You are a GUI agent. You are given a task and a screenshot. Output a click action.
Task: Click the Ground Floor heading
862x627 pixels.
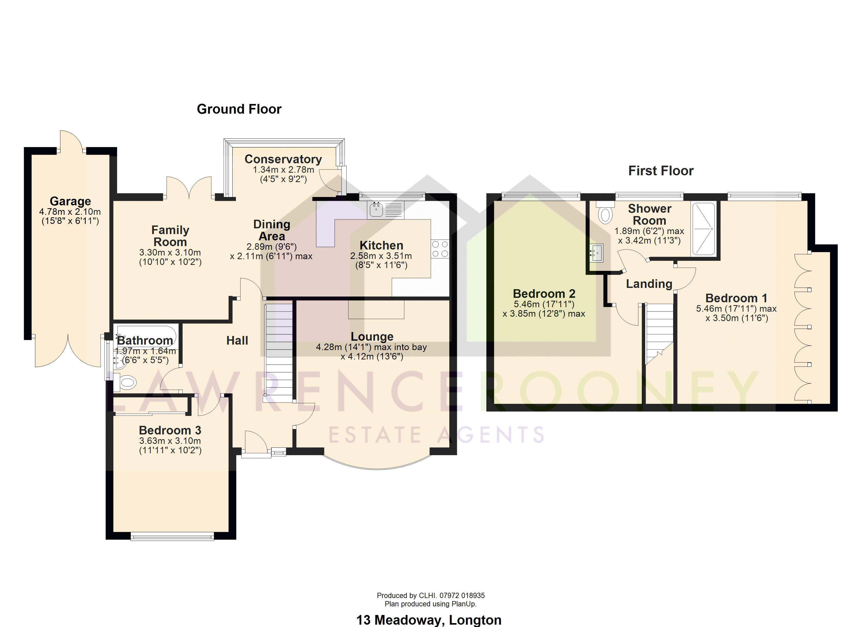coord(239,109)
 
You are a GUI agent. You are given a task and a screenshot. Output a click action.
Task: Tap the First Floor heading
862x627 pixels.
coord(661,171)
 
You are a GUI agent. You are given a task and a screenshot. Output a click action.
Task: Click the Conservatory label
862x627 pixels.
coord(283,159)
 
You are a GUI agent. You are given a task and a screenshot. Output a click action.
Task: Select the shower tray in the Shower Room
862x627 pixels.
coord(703,229)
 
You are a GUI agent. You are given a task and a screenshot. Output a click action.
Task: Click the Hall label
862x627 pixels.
coord(237,340)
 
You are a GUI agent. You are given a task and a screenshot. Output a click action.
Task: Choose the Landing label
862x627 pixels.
coord(649,284)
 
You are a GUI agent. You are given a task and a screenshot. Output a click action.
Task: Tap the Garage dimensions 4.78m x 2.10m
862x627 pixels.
coord(70,212)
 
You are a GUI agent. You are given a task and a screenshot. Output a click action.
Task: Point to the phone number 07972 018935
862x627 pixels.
coord(462,595)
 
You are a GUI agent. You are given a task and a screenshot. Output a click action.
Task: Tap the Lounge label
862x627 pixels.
coord(372,336)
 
